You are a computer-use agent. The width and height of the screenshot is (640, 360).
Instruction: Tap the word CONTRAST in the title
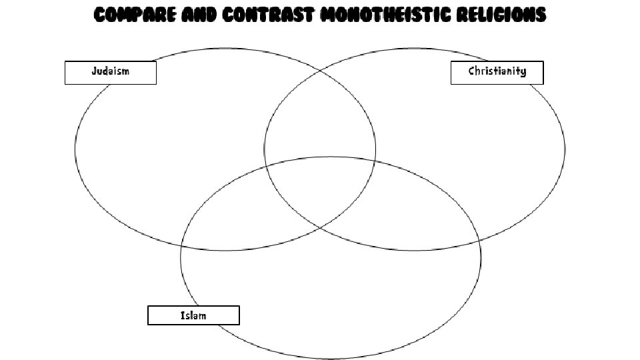(x=267, y=15)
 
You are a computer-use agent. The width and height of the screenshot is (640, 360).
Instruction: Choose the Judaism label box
(x=110, y=72)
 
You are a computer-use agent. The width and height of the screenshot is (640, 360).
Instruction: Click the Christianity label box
(x=497, y=72)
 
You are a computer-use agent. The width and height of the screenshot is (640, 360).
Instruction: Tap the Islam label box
(x=193, y=315)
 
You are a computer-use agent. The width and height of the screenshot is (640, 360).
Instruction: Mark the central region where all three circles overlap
(x=320, y=190)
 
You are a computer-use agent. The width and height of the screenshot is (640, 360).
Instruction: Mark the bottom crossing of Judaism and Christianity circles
(x=320, y=229)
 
